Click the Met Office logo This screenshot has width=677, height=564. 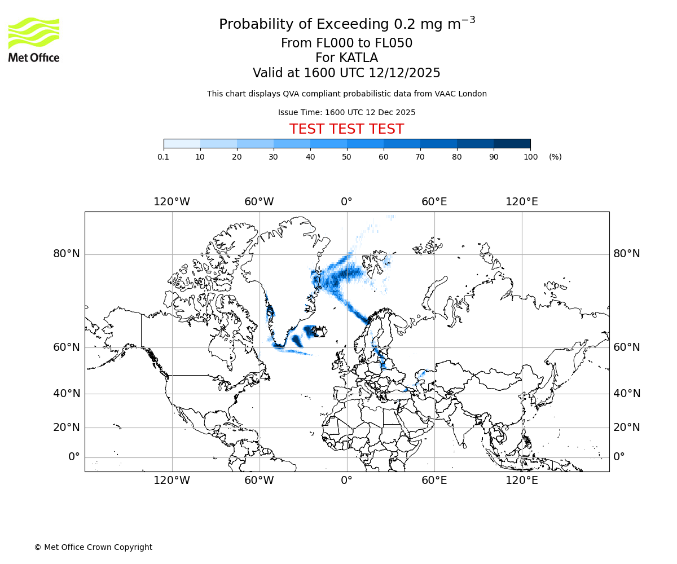34,39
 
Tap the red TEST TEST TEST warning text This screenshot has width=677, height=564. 346,129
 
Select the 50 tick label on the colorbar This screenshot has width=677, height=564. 346,157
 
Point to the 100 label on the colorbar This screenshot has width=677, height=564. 530,157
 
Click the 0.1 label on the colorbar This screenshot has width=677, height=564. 164,157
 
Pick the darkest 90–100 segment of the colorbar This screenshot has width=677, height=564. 512,143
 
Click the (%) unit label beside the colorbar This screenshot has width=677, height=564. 555,157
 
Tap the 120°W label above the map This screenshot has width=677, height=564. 172,202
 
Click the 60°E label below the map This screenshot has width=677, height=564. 434,481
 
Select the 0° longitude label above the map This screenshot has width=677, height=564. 346,202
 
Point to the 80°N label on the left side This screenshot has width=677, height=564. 67,254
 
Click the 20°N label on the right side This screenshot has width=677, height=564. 626,427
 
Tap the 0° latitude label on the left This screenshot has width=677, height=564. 74,457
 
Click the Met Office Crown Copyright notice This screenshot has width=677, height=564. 93,547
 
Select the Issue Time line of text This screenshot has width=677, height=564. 346,112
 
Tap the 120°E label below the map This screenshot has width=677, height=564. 522,481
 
